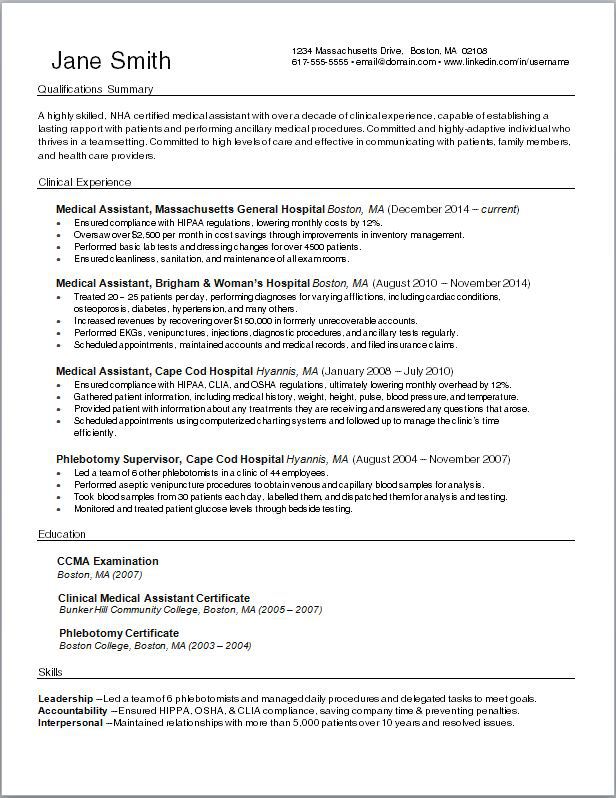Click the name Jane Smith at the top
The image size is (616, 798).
111,60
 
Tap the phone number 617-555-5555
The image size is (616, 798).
320,62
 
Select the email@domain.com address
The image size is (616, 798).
395,62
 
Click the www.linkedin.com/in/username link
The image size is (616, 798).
506,62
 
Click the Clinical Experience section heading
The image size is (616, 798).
84,182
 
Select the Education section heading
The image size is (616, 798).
62,535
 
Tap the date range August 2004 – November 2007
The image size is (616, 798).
433,459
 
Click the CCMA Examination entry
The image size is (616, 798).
108,561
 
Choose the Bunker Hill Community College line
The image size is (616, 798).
190,609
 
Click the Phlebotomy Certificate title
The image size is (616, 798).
118,633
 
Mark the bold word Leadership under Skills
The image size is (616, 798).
66,698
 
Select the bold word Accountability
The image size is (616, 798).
72,710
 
